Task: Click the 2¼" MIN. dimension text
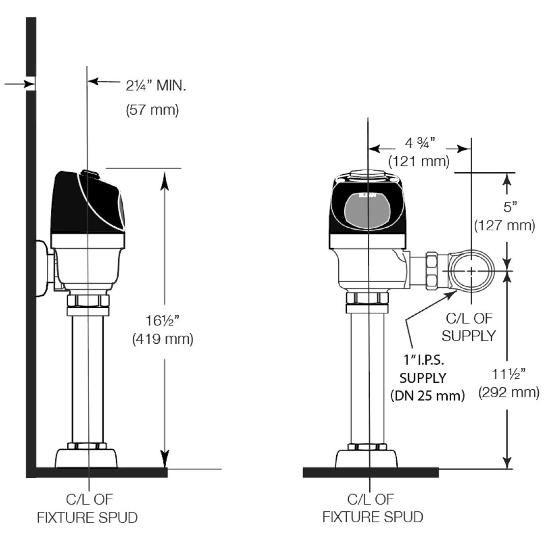pyautogui.click(x=156, y=85)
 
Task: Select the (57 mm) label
pyautogui.click(x=152, y=110)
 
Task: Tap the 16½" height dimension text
pyautogui.click(x=162, y=321)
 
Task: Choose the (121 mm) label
pyautogui.click(x=419, y=161)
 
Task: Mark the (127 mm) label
pyautogui.click(x=504, y=225)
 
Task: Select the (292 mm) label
pyautogui.click(x=508, y=392)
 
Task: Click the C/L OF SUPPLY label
pyautogui.click(x=469, y=327)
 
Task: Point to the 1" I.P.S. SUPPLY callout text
pyautogui.click(x=423, y=370)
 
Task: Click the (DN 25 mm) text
pyautogui.click(x=427, y=396)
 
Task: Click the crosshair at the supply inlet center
pyautogui.click(x=472, y=271)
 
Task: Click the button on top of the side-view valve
pyautogui.click(x=90, y=174)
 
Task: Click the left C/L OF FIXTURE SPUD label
pyautogui.click(x=87, y=508)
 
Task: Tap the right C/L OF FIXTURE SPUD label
pyautogui.click(x=372, y=508)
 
